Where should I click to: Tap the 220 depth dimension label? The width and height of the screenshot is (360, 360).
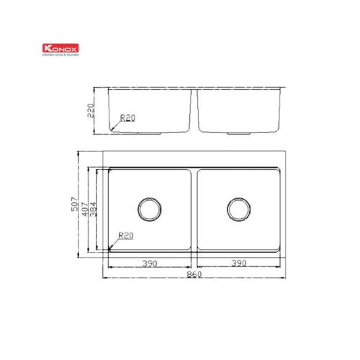[91, 110]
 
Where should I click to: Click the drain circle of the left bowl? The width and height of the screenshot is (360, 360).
[150, 210]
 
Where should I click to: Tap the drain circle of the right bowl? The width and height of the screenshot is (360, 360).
[238, 210]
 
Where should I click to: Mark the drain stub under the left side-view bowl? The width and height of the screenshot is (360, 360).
[150, 134]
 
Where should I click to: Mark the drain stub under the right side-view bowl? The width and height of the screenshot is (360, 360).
[238, 134]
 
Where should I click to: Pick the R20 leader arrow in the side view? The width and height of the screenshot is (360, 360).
[114, 126]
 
